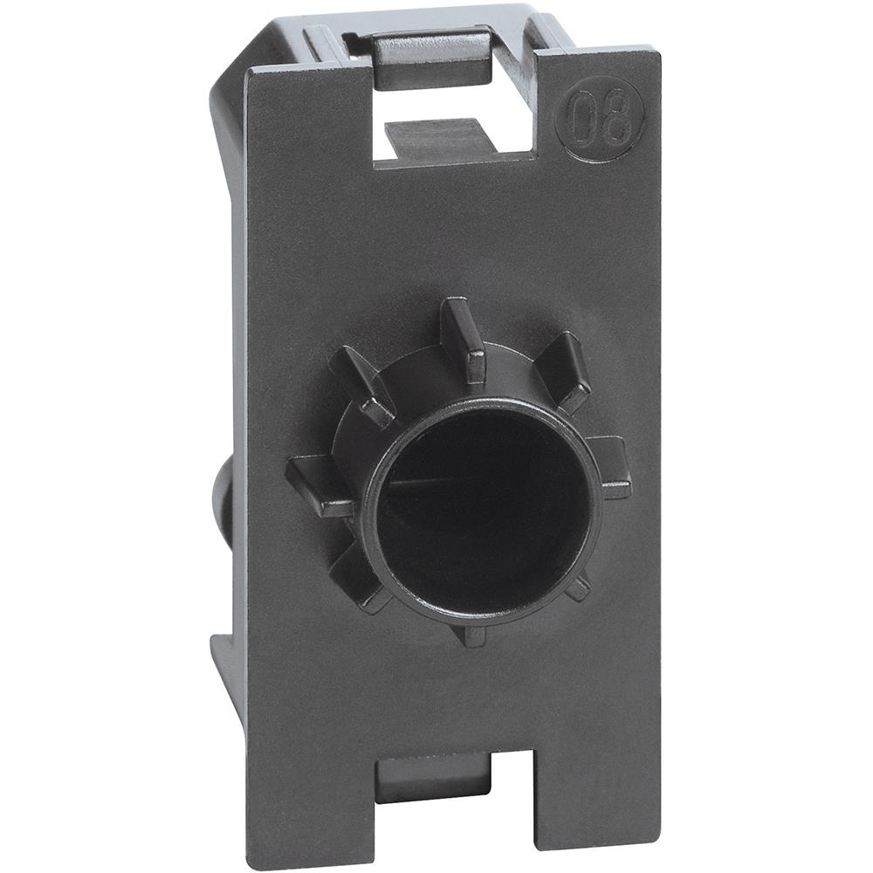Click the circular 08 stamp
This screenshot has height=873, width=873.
[x=600, y=118]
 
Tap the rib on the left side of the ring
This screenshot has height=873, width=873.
[x=319, y=485]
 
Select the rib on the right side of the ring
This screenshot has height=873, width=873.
[x=615, y=467]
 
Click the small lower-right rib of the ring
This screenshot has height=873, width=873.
[x=577, y=586]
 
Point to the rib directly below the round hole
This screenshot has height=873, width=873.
[x=472, y=633]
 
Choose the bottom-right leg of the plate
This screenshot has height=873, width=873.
[x=581, y=794]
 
